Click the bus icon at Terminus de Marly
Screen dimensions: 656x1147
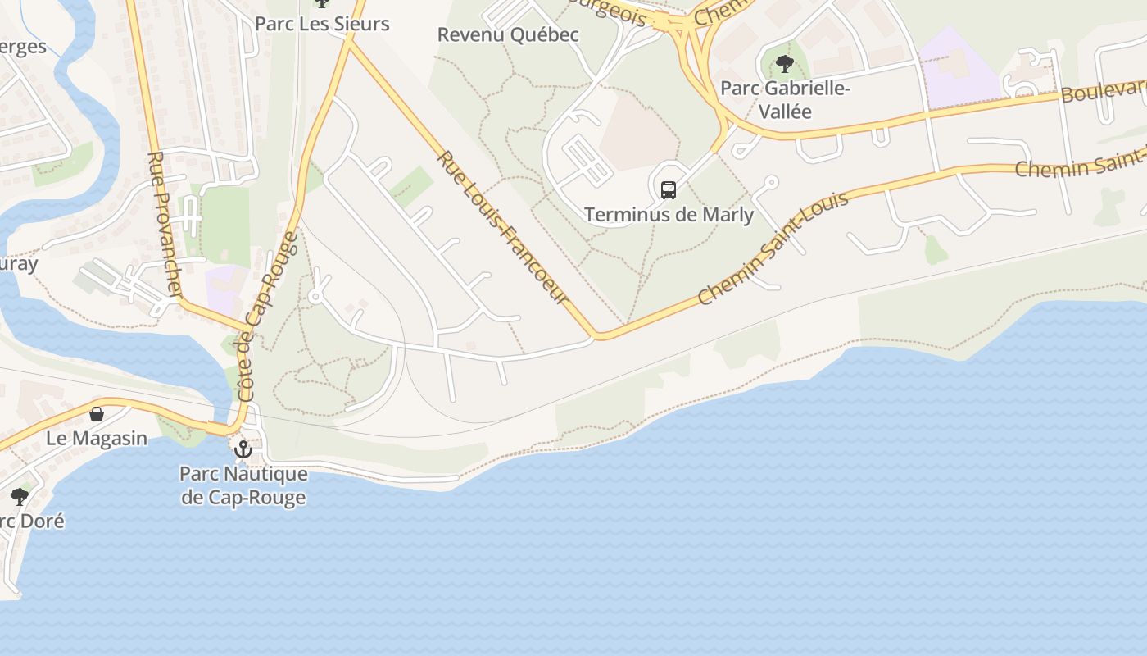point(669,190)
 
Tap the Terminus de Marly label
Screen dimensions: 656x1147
point(669,215)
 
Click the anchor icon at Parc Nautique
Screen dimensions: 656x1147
point(243,449)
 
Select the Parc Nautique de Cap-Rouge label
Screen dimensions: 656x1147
point(243,485)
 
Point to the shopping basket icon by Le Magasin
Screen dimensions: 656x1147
point(97,414)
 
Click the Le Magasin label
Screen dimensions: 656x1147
point(97,438)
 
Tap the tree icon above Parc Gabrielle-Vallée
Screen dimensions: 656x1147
point(784,64)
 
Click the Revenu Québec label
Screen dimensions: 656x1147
point(508,34)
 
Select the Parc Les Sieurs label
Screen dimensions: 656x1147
point(322,23)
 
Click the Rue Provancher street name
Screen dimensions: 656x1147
point(164,223)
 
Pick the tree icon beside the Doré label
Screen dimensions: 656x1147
point(19,497)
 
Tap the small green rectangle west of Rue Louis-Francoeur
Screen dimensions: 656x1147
point(411,186)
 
